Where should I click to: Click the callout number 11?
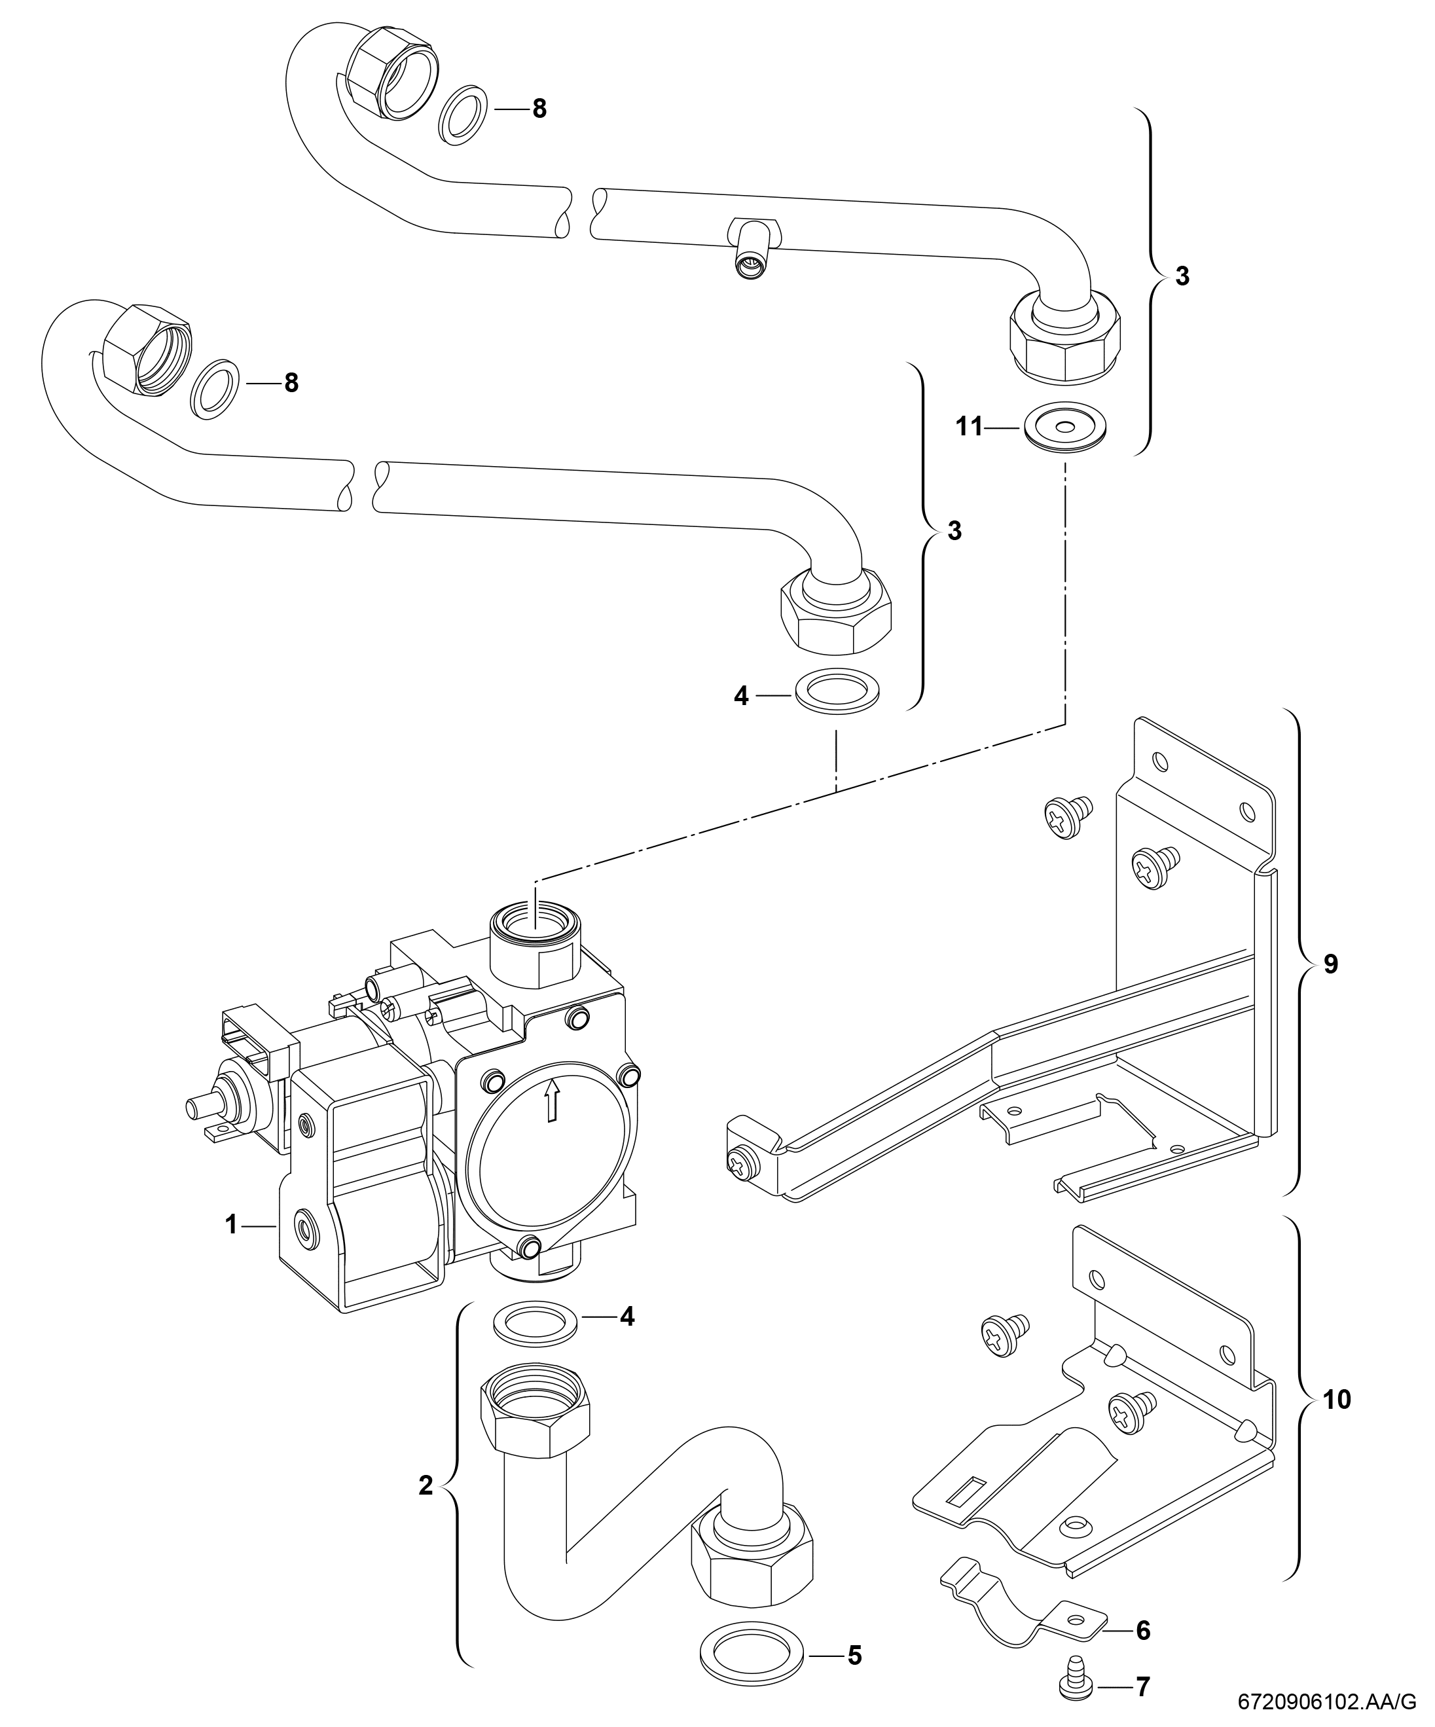pos(969,427)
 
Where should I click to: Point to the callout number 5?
pos(854,1654)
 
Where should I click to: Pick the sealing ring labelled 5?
pos(752,1650)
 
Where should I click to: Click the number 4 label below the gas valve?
pos(627,1317)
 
